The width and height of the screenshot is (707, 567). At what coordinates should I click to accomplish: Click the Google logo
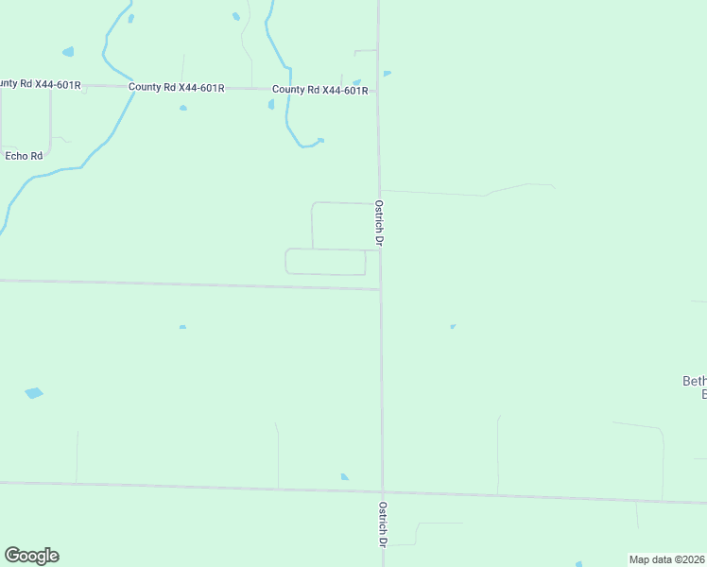coord(31,556)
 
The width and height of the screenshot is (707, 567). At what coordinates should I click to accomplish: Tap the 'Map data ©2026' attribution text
coord(666,559)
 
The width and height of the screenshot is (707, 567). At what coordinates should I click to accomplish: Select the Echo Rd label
coord(25,156)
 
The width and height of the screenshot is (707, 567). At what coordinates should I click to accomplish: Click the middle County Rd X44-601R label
coord(176,88)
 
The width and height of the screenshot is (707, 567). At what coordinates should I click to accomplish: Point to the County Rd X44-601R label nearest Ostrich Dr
coord(319,91)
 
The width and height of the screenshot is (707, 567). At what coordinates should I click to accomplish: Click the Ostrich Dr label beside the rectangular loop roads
coord(379,223)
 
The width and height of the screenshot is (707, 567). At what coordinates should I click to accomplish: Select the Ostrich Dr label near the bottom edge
coord(382,524)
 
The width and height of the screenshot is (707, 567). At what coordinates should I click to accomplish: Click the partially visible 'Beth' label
coord(694,382)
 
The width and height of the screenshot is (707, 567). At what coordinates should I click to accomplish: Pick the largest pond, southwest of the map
coord(34,392)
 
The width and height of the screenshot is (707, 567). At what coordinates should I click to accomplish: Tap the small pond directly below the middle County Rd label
coord(183,108)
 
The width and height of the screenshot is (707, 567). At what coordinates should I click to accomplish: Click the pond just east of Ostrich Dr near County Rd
coord(388,73)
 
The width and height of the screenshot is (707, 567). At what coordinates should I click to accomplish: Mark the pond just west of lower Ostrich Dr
coord(345,477)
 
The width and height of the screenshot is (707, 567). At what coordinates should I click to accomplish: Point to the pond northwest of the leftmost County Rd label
coord(67,52)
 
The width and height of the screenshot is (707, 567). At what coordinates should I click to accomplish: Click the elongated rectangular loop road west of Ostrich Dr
coord(325,262)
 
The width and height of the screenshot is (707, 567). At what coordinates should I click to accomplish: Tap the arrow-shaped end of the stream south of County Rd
coord(319,141)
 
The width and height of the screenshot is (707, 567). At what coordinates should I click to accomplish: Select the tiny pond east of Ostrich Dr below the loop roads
coord(453,327)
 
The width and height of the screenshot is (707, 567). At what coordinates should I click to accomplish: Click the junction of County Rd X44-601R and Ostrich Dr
coord(378,92)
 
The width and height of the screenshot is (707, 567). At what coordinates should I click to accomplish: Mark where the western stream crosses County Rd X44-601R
coord(129,87)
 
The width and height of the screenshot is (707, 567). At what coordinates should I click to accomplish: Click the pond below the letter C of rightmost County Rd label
coord(271,104)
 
